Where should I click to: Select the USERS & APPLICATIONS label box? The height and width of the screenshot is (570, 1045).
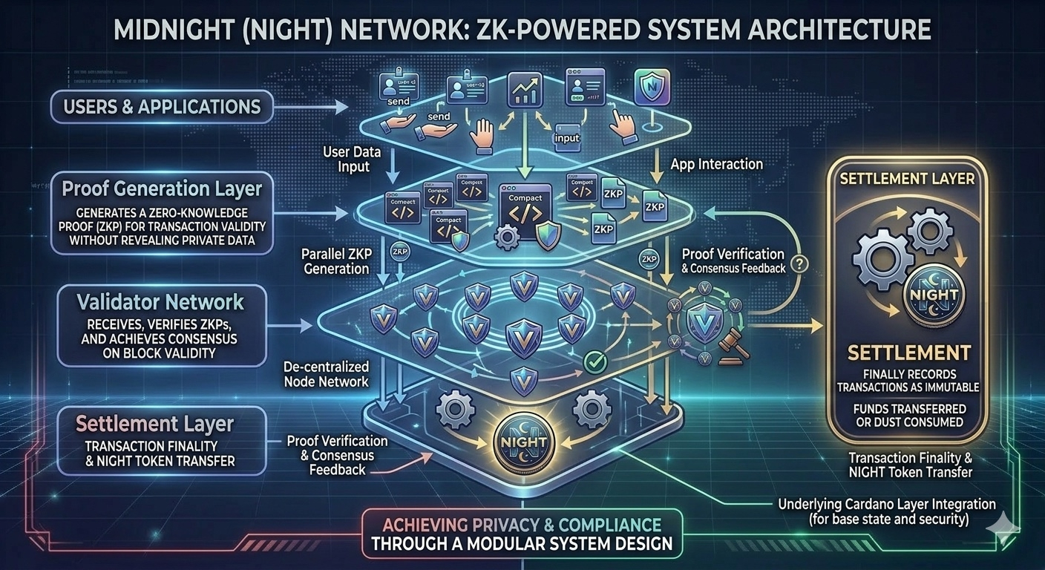pos(163,105)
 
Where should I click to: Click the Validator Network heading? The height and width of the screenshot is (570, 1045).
pos(160,302)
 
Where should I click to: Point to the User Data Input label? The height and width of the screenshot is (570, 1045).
pos(352,159)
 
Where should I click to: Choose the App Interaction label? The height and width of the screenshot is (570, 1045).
pos(716,163)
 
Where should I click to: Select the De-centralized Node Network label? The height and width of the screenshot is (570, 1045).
pos(327,374)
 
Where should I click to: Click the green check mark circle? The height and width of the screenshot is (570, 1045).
pos(596,362)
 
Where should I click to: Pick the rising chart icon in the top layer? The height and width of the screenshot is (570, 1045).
pos(524,90)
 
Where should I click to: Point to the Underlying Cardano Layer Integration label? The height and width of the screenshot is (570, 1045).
pos(886,511)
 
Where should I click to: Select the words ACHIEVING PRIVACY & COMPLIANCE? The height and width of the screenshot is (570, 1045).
pos(522,522)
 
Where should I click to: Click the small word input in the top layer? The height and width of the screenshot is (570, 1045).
pos(567,137)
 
